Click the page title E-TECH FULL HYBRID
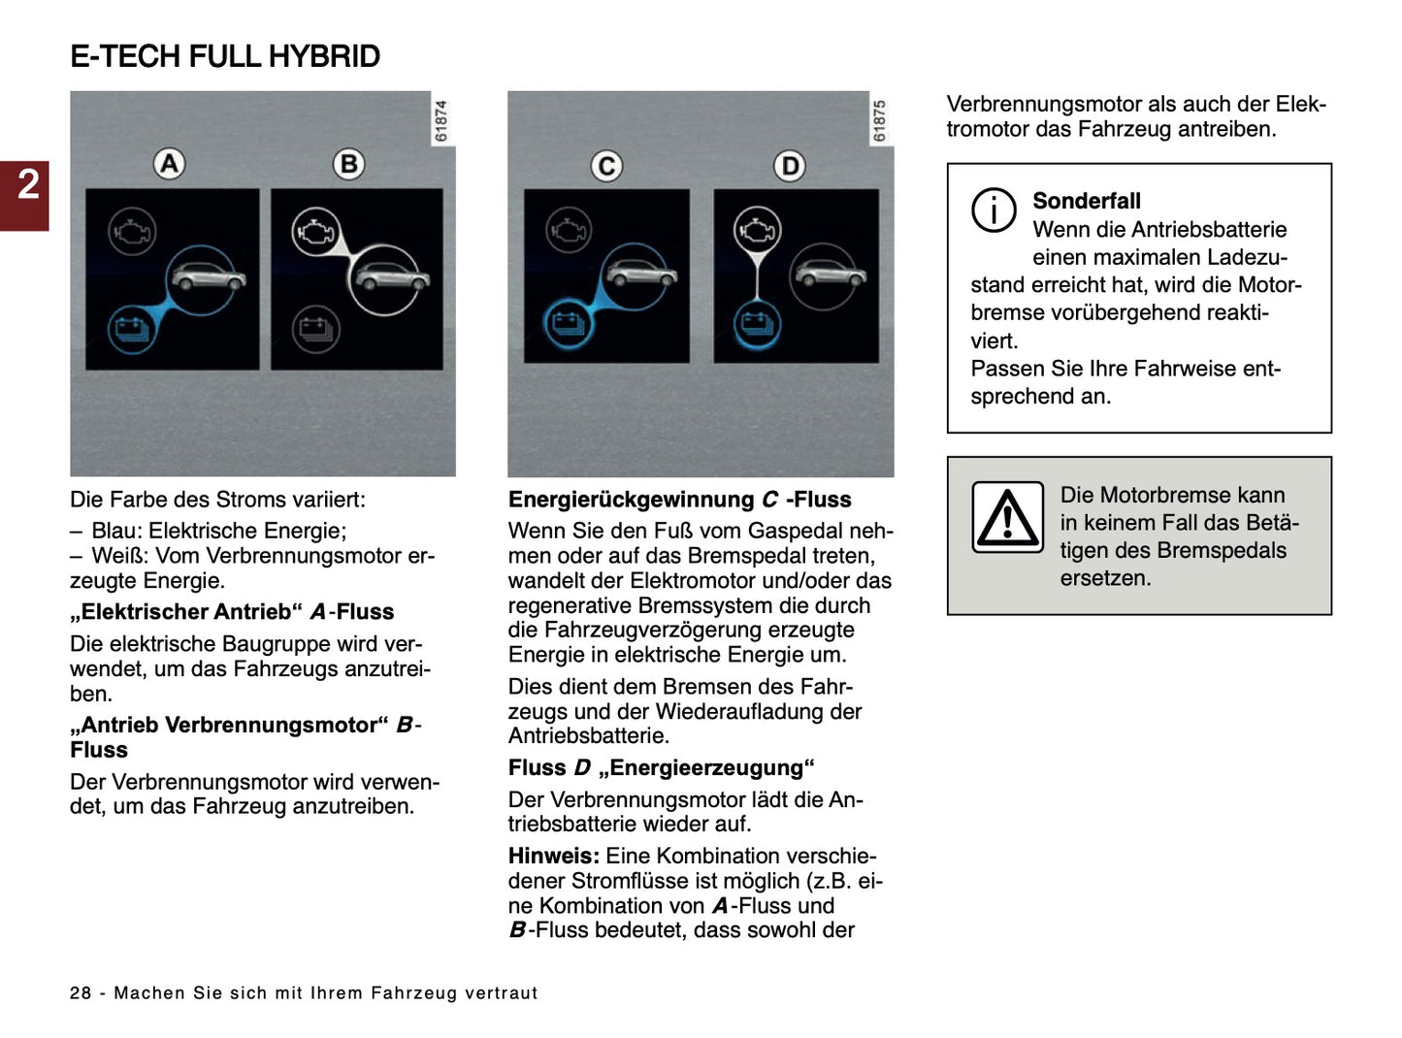[225, 56]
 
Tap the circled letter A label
[170, 164]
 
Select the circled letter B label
[348, 164]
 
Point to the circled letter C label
[606, 167]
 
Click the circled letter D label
[790, 167]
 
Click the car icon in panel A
[207, 277]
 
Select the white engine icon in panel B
[315, 233]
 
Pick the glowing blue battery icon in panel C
[568, 322]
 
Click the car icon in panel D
[828, 274]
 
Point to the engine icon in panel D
[757, 231]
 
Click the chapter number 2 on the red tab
[27, 184]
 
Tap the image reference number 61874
[441, 121]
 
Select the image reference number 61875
[880, 121]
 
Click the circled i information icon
[994, 210]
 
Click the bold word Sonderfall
[1086, 201]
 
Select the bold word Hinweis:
[553, 856]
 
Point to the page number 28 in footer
[81, 992]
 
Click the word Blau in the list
[114, 531]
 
